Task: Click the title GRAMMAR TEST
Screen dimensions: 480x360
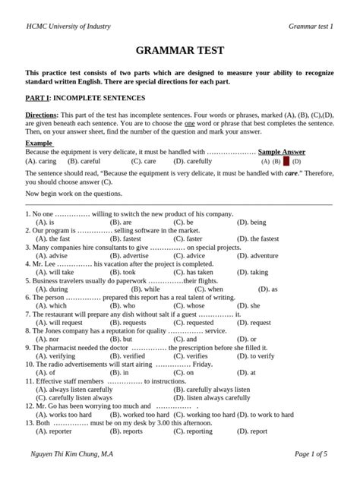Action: coord(179,52)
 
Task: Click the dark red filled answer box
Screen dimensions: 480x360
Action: coord(286,162)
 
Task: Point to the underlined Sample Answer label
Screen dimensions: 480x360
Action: coord(282,152)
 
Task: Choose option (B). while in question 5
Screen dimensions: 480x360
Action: coord(140,289)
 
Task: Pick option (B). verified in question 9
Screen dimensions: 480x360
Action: coord(127,355)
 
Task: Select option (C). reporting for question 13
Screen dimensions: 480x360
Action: coord(194,431)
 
